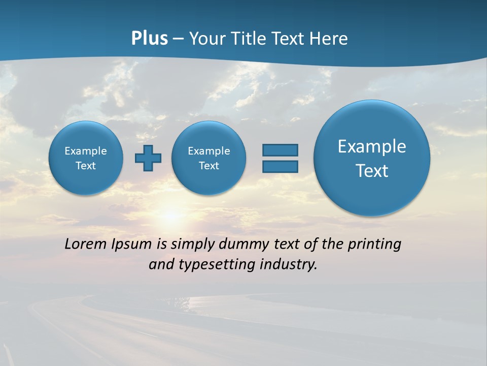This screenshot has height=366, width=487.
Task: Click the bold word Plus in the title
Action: pyautogui.click(x=149, y=39)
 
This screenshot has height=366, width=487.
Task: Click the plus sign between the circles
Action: pyautogui.click(x=148, y=158)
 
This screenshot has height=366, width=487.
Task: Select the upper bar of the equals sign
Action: pyautogui.click(x=280, y=150)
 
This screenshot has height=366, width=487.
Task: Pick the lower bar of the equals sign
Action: pyautogui.click(x=280, y=167)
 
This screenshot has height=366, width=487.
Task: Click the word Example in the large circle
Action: pyautogui.click(x=372, y=146)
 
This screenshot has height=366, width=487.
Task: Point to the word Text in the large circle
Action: pyautogui.click(x=372, y=171)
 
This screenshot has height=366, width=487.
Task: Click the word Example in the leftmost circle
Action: pyautogui.click(x=86, y=151)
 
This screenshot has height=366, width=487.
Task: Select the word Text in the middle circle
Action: pyautogui.click(x=209, y=166)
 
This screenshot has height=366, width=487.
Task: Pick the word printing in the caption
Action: pyautogui.click(x=374, y=245)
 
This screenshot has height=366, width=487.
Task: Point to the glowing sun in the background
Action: pyautogui.click(x=171, y=216)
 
